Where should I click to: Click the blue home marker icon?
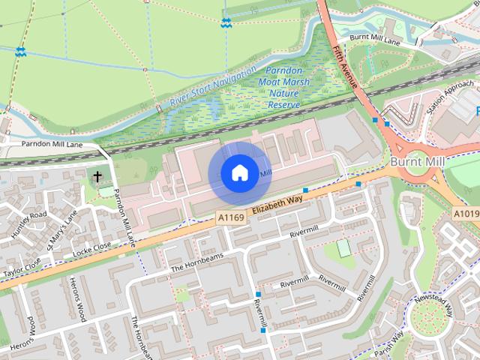coord(238,173)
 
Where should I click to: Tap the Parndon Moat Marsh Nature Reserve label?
coord(279,87)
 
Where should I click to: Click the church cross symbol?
coord(97,177)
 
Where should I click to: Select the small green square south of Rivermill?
coord(343,248)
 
